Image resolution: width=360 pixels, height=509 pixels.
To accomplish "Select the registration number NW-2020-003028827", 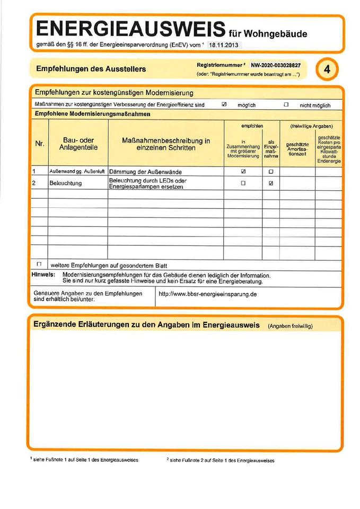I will click(276, 65).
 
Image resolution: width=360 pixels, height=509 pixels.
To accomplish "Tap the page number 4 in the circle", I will click(327, 70).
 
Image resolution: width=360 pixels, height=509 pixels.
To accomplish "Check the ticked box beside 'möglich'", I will click(224, 105).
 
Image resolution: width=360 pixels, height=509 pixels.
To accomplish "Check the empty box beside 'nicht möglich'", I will click(286, 105).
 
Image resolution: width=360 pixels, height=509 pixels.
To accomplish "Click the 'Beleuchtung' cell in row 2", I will click(65, 183).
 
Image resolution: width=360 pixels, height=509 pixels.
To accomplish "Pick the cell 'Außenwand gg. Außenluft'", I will click(77, 172).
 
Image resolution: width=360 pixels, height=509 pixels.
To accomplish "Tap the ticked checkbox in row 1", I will click(243, 172).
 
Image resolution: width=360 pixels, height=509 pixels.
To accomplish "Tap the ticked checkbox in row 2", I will click(271, 183).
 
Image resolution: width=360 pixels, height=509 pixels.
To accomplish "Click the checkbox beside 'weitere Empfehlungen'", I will click(39, 264).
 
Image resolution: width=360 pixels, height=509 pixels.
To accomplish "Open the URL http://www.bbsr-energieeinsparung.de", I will click(207, 294).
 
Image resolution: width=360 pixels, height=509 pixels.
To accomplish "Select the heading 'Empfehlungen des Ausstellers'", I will click(91, 69).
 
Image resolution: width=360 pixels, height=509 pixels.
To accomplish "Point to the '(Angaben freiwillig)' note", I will click(290, 326).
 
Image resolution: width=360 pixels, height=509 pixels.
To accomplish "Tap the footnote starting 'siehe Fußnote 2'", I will click(221, 460).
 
